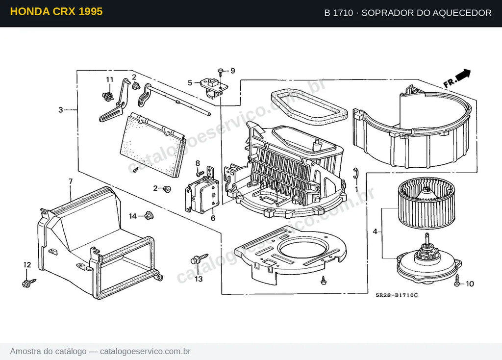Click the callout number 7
tap(71, 181)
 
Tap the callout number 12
tap(27, 265)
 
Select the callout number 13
tap(199, 279)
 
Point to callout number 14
tap(133, 216)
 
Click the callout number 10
tap(470, 284)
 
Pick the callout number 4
tap(375, 231)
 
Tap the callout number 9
tap(233, 71)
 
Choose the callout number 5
tap(190, 83)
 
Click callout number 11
tap(110, 79)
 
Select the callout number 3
tap(61, 110)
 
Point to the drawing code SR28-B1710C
tap(397, 295)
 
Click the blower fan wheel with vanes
tap(427, 203)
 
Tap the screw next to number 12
tap(28, 283)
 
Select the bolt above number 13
tap(199, 258)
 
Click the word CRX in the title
tap(64, 12)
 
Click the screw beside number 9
tap(221, 72)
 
